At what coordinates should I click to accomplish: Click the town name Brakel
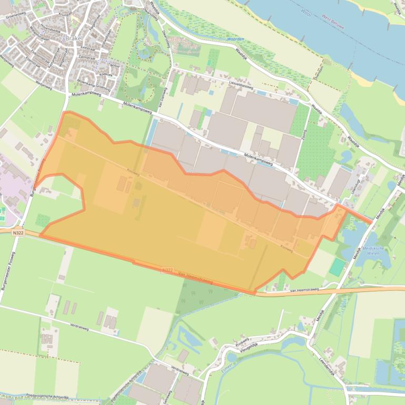click(72, 38)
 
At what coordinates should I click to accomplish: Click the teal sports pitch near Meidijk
click(338, 267)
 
